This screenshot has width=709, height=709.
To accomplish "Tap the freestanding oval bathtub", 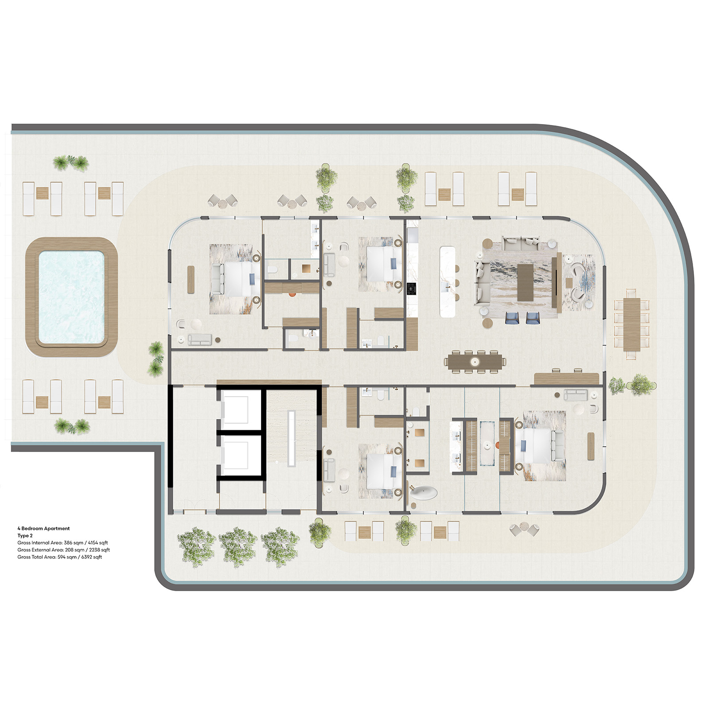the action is pyautogui.click(x=423, y=492).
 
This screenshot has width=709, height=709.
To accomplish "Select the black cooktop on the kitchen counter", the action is pyautogui.click(x=412, y=288).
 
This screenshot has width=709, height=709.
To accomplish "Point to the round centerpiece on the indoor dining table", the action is pyautogui.click(x=475, y=362).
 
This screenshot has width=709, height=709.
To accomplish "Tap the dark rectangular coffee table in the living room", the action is pyautogui.click(x=526, y=282).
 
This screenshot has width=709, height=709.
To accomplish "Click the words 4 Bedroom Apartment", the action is pyautogui.click(x=43, y=528).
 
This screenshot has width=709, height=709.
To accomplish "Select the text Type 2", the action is pyautogui.click(x=25, y=535).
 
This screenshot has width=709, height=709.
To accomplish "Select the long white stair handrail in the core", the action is pyautogui.click(x=291, y=439).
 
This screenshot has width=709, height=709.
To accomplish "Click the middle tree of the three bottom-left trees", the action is pyautogui.click(x=238, y=547).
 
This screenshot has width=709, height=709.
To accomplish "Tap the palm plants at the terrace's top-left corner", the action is pyautogui.click(x=71, y=163).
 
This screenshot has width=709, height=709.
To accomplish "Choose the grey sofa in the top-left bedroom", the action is pyautogui.click(x=200, y=339).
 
